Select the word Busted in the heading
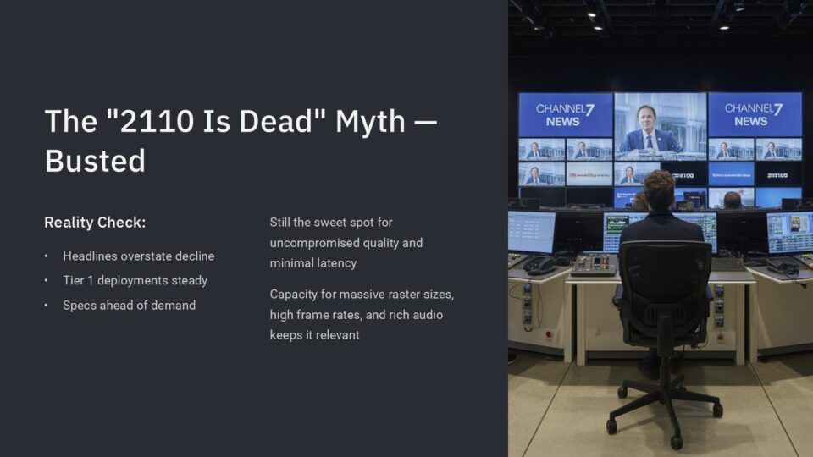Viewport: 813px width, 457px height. (95, 161)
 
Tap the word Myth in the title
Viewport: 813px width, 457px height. (370, 122)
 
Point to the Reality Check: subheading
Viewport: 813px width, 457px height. (95, 223)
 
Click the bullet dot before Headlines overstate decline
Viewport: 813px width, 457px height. (46, 256)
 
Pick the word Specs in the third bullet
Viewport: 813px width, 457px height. (78, 306)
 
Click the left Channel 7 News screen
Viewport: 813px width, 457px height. (565, 114)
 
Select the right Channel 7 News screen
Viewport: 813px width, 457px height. (755, 114)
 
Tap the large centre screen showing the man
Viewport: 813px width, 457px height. (660, 126)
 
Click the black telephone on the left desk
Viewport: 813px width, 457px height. (539, 266)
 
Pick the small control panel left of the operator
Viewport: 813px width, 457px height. (595, 264)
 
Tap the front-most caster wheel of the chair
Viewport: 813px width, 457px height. (676, 441)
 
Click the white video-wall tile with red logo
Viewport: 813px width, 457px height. (589, 175)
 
